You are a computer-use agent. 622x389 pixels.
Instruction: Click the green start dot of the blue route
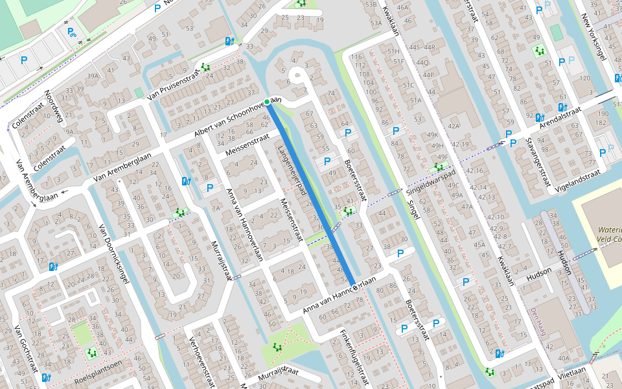[x=267, y=102]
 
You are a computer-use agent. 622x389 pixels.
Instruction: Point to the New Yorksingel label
[x=593, y=37]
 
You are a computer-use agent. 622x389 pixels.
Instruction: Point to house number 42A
[x=453, y=126]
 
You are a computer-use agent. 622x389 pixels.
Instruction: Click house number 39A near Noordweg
[x=93, y=76]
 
